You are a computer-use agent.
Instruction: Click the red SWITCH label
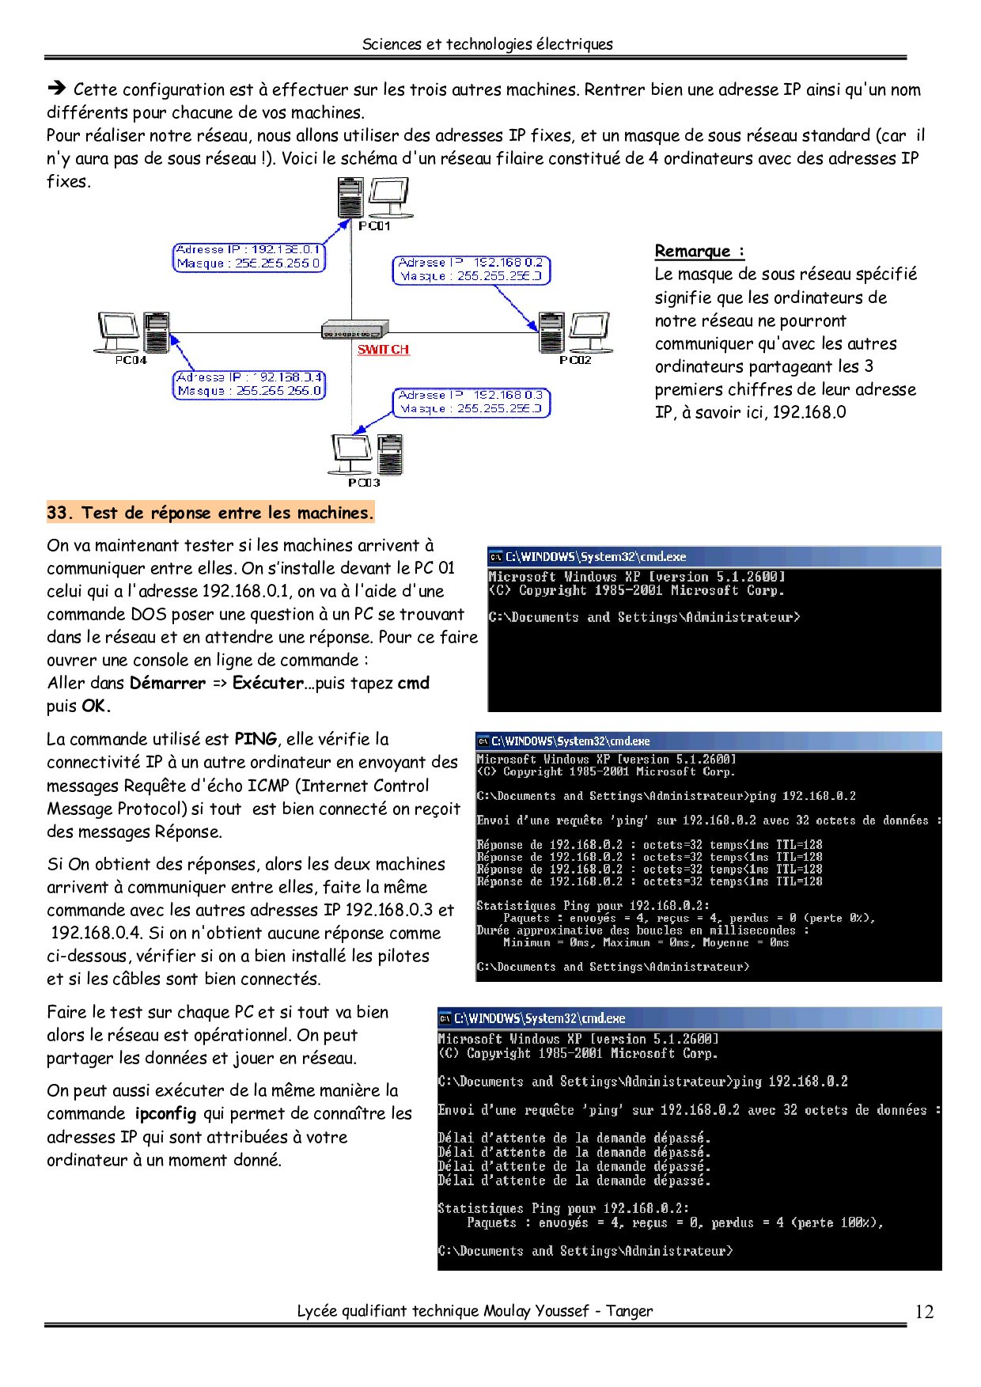tap(383, 350)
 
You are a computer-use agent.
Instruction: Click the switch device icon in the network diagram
tap(355, 329)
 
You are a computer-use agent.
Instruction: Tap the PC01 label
tap(374, 226)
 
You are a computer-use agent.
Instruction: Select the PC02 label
tap(575, 360)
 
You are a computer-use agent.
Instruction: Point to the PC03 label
tap(364, 483)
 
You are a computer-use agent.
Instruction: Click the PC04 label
tap(131, 360)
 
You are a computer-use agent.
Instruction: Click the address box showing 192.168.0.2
tap(472, 270)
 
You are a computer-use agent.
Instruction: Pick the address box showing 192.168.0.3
tap(472, 402)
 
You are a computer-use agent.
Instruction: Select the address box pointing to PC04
tap(249, 385)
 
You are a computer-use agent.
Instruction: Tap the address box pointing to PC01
tap(249, 257)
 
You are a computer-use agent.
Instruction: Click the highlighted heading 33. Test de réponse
tap(210, 513)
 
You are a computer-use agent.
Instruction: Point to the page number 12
tap(924, 1312)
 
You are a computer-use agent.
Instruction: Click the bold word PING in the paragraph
tap(256, 739)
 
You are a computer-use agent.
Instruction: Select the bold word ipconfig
tap(165, 1114)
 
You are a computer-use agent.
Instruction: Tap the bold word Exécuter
tap(268, 684)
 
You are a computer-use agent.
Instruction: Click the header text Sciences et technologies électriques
tap(487, 44)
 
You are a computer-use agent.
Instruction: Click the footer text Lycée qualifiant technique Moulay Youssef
tap(475, 1311)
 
